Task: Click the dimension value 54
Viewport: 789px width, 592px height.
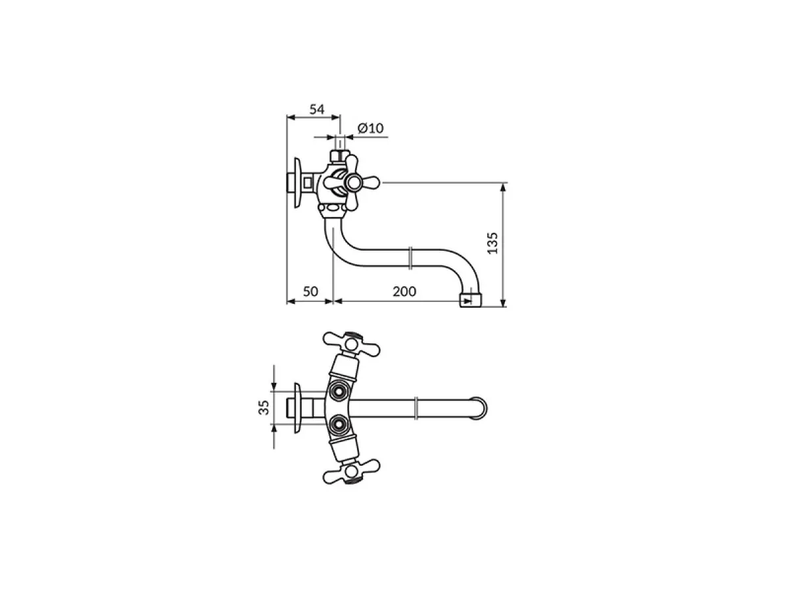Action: (x=317, y=109)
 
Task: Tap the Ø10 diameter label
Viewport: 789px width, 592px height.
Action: (x=370, y=128)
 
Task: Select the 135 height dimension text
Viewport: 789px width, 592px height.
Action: (x=492, y=243)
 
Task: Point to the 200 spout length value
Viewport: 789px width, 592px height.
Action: (x=404, y=291)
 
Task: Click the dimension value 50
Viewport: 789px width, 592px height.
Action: (x=310, y=291)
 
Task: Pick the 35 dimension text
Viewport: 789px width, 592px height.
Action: (x=264, y=408)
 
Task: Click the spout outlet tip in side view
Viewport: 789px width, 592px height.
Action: (x=470, y=299)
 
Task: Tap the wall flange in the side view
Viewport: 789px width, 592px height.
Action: (x=297, y=183)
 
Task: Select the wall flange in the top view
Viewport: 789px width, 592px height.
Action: (x=297, y=408)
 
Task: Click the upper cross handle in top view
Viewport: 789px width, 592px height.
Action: (x=351, y=344)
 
